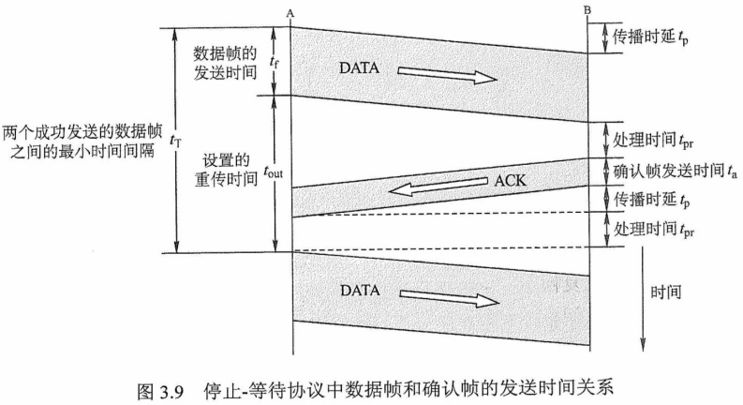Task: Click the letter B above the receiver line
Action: [587, 10]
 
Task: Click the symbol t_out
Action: [272, 172]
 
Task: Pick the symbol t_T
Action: [175, 140]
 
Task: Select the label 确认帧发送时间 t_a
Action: [668, 172]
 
